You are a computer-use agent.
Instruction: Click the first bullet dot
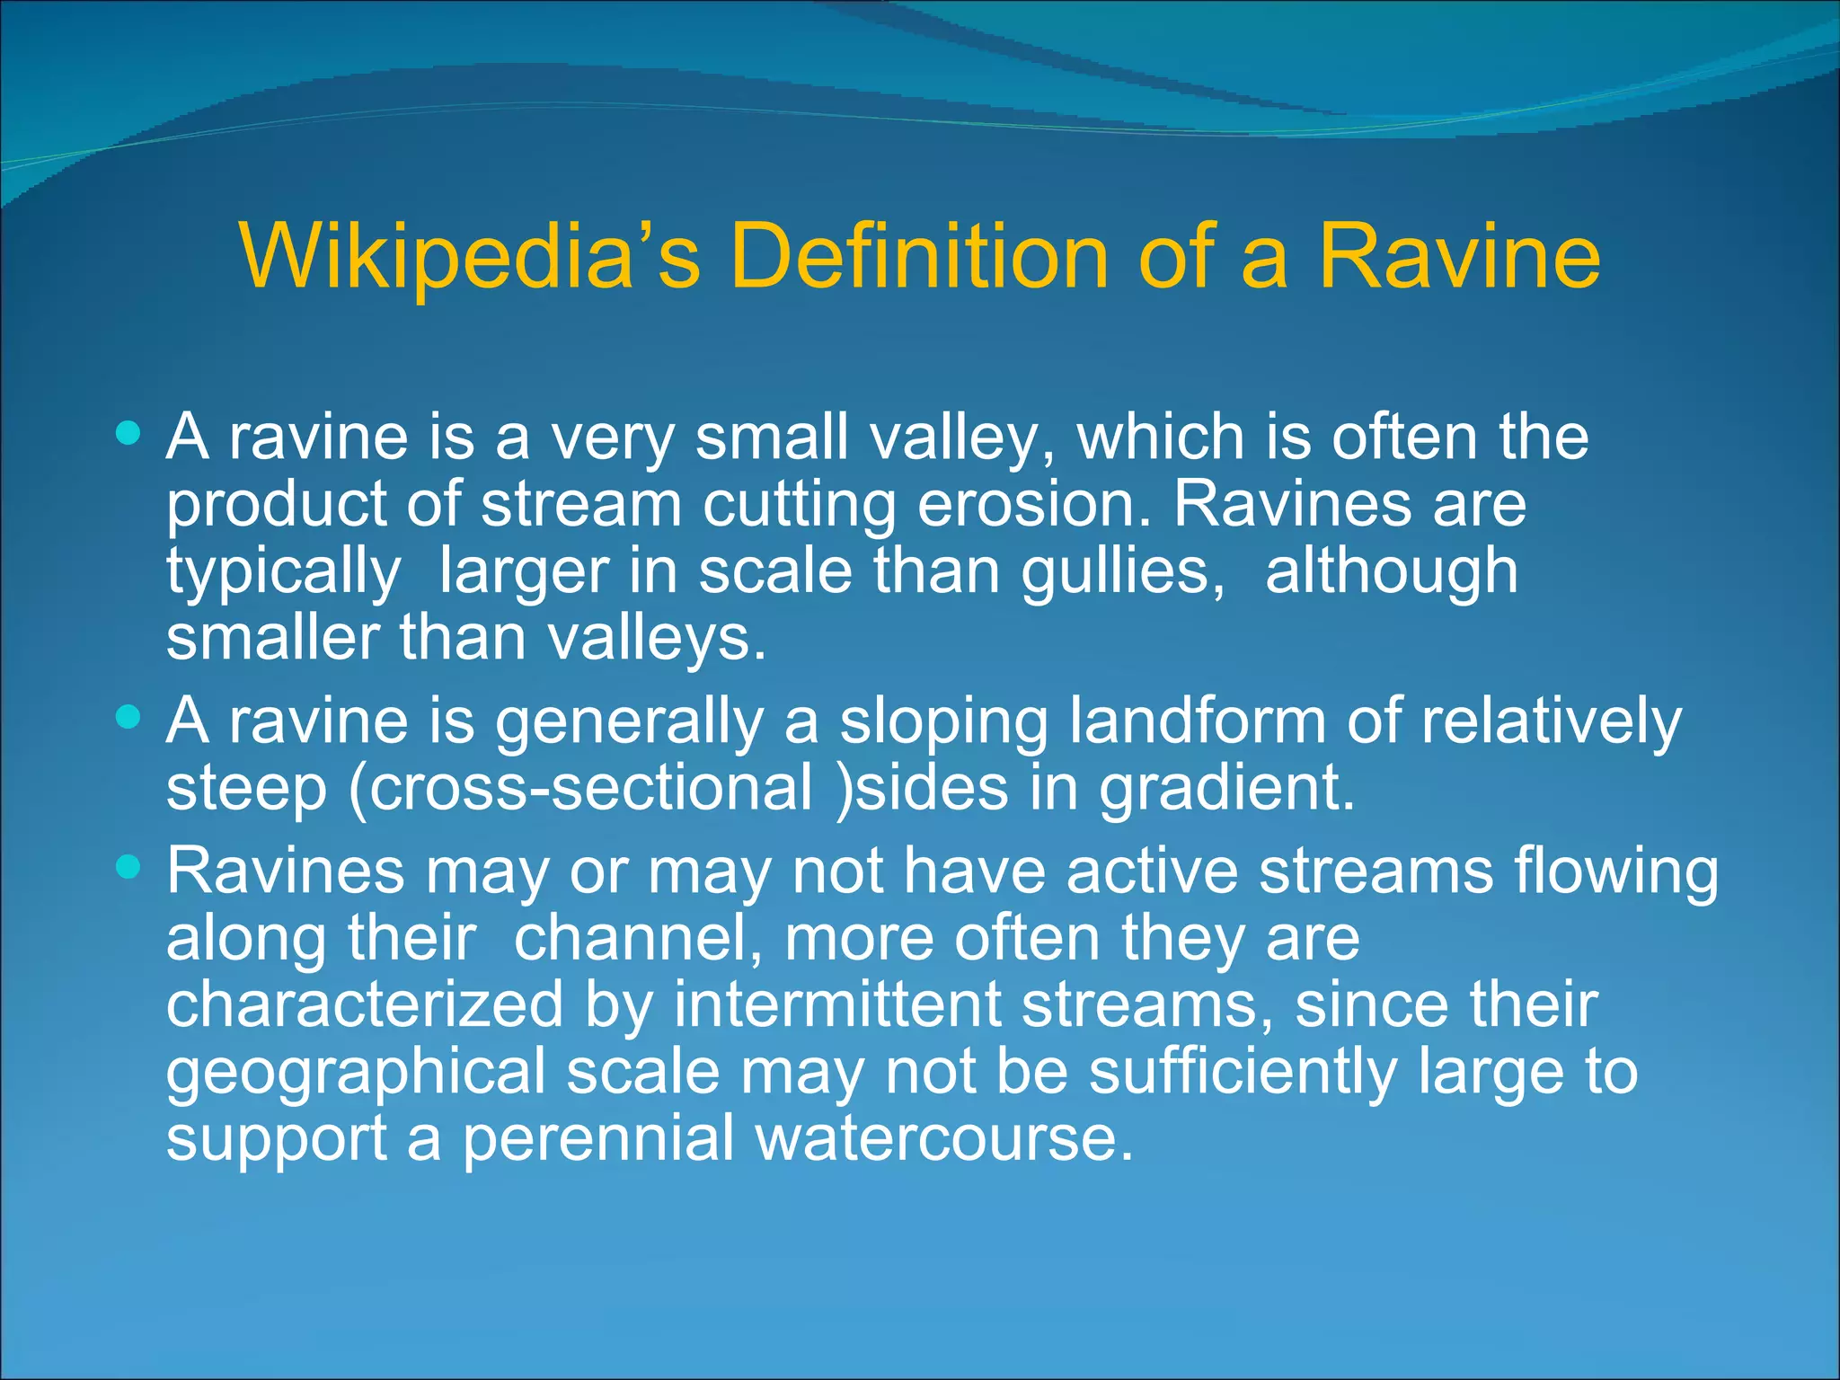[x=129, y=435]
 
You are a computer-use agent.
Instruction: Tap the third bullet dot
[x=129, y=868]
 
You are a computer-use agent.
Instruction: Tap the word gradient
[x=1227, y=789]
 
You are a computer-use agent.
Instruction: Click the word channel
[x=639, y=938]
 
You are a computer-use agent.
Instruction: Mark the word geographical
[x=355, y=1073]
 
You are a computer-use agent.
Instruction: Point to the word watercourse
[x=943, y=1138]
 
